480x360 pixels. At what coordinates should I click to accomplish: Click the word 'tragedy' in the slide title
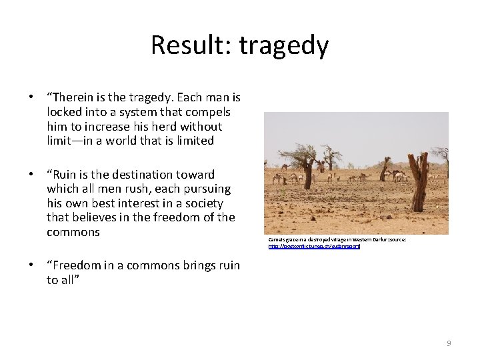(x=284, y=46)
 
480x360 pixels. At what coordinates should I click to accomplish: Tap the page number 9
(x=449, y=343)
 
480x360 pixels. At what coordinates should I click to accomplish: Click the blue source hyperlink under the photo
(x=314, y=247)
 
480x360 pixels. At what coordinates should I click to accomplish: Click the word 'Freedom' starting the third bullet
(x=75, y=265)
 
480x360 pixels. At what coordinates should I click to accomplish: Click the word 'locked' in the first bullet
(x=63, y=112)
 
